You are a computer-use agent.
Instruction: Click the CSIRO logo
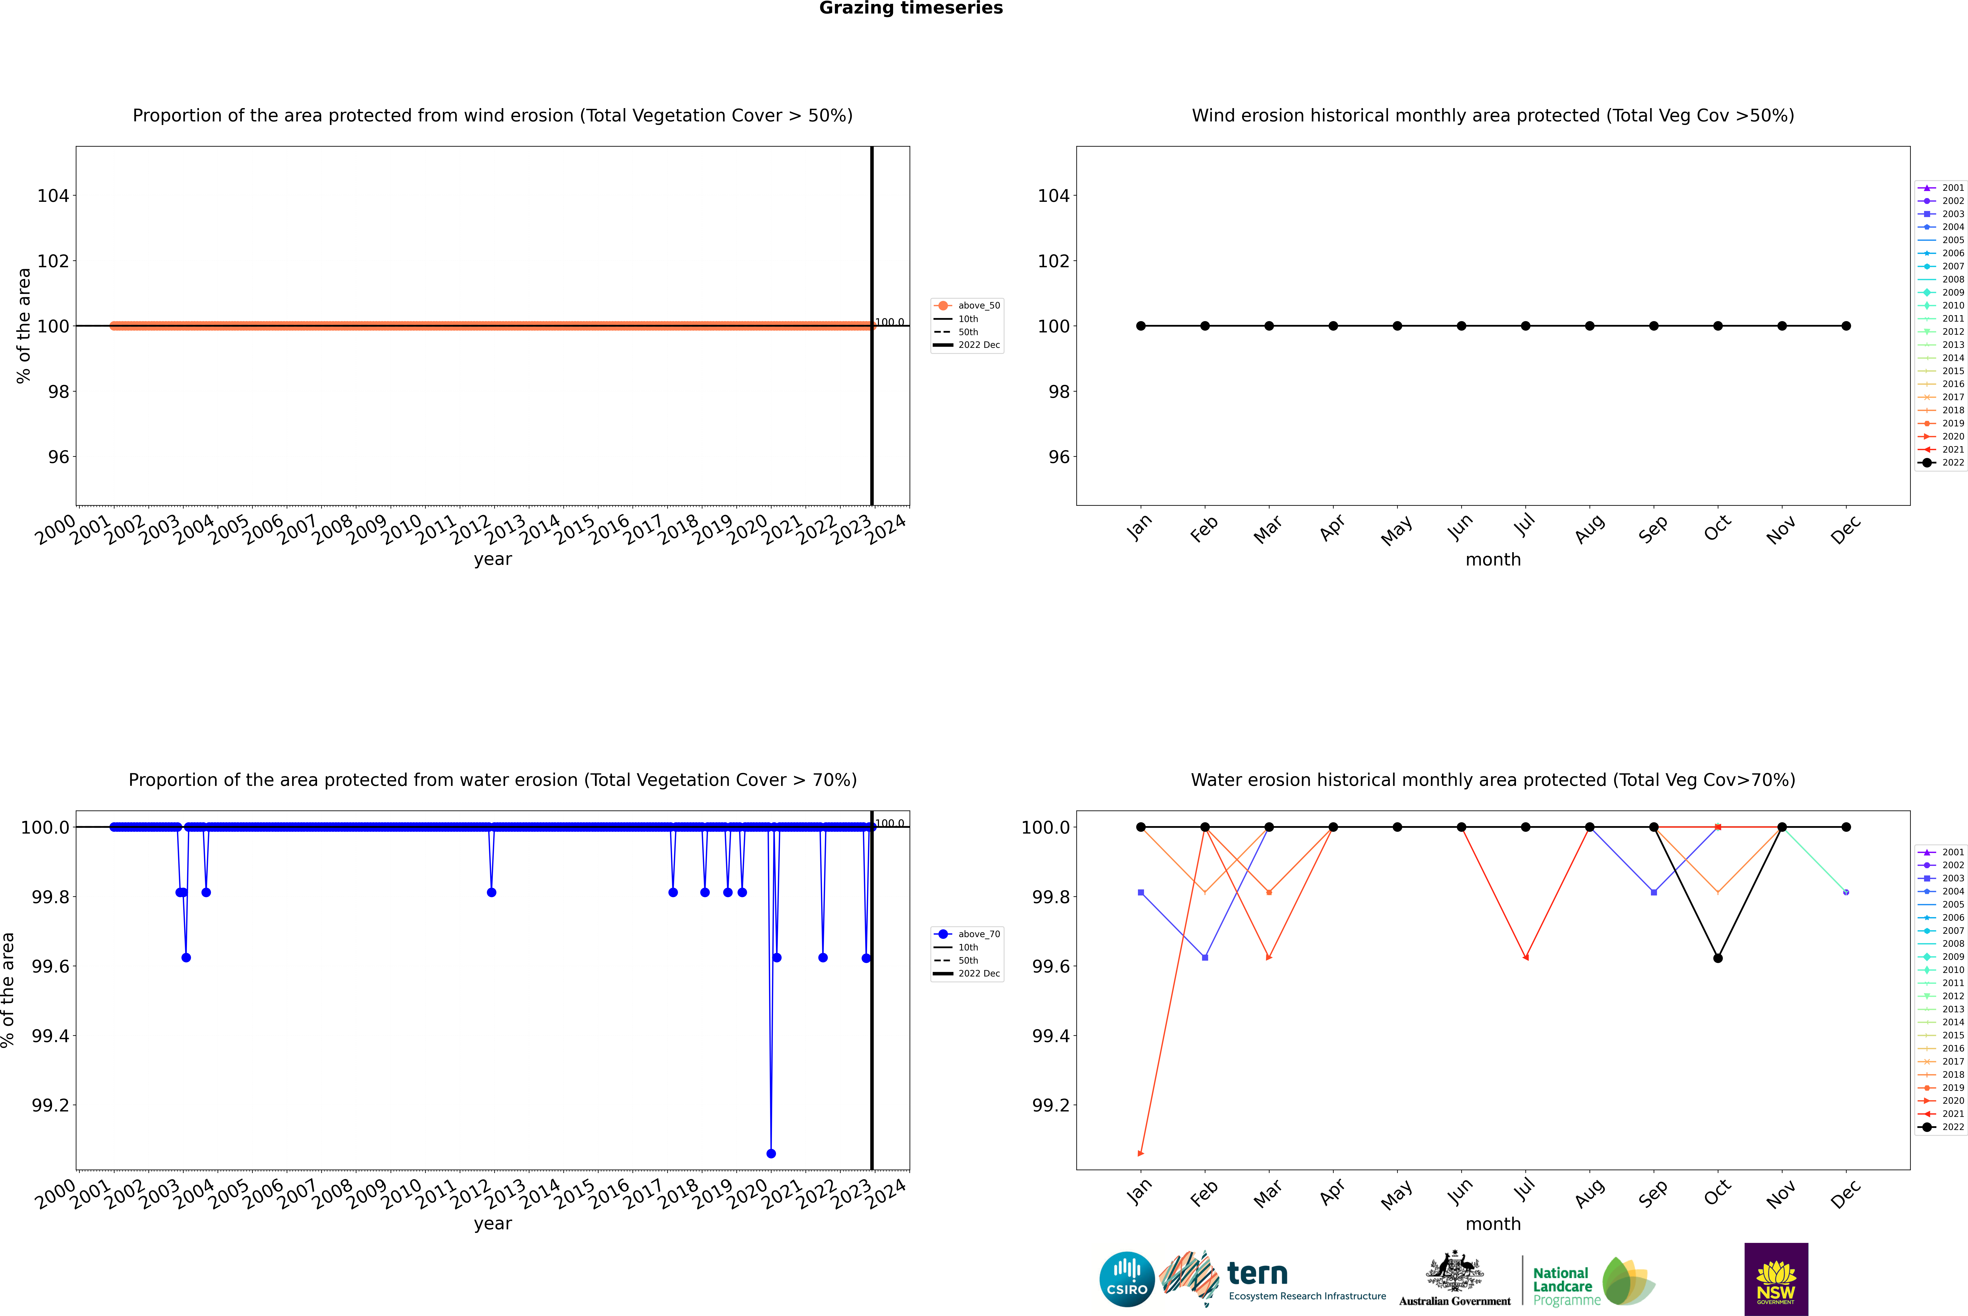[1127, 1279]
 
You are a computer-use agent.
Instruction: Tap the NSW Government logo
[1776, 1279]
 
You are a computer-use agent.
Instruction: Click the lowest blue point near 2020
[771, 1153]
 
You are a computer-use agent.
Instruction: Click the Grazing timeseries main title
[911, 8]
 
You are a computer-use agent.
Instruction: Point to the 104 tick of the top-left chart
[53, 196]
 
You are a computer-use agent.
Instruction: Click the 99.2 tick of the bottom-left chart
[50, 1105]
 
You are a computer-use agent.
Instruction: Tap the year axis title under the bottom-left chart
[492, 1224]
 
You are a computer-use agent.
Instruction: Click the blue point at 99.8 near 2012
[492, 892]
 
